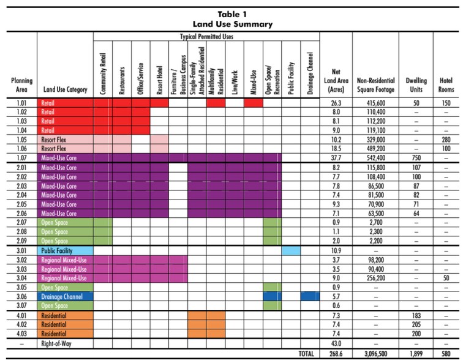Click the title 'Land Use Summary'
pyautogui.click(x=236, y=24)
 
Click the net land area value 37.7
pyautogui.click(x=336, y=157)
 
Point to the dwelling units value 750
pyautogui.click(x=416, y=157)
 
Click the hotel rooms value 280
pyautogui.click(x=446, y=139)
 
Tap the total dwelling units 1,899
pyautogui.click(x=416, y=354)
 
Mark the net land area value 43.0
pyautogui.click(x=336, y=343)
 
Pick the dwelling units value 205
pyautogui.click(x=416, y=325)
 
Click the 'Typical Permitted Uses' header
pyautogui.click(x=206, y=37)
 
